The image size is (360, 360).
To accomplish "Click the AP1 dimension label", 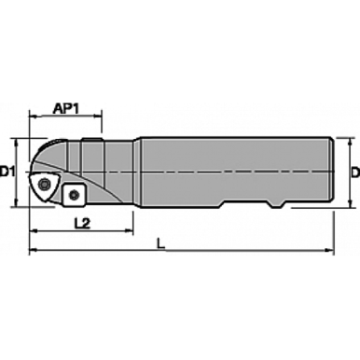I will coord(64,107).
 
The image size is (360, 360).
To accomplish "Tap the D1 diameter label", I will coord(8,172).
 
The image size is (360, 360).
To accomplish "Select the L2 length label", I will coord(80,224).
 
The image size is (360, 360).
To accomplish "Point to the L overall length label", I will coord(162,244).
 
